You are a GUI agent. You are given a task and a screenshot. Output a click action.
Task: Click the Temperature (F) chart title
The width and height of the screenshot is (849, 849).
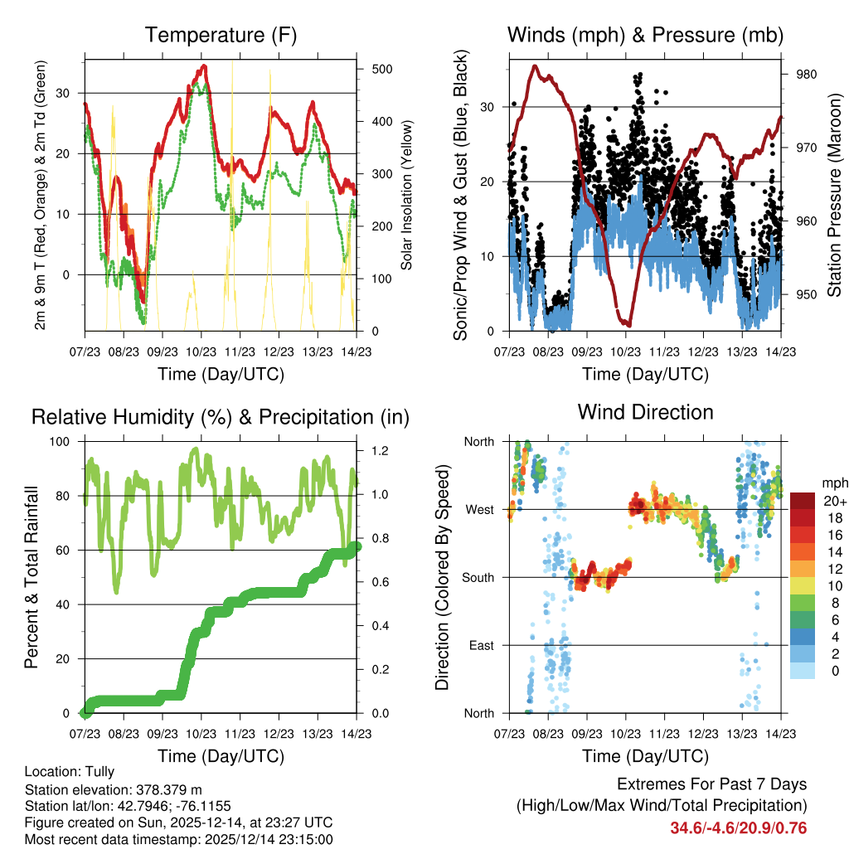click(x=220, y=35)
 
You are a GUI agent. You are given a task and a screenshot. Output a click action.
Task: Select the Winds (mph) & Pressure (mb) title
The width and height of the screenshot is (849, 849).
click(x=645, y=35)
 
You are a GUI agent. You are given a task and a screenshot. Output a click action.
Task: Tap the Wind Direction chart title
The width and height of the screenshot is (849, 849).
click(x=645, y=411)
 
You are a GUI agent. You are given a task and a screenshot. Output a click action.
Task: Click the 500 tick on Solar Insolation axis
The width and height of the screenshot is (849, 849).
click(x=381, y=69)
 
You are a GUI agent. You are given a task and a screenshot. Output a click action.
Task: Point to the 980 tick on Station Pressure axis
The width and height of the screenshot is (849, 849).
click(x=806, y=75)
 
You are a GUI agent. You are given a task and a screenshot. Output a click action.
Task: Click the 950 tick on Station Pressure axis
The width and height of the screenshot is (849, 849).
click(x=806, y=294)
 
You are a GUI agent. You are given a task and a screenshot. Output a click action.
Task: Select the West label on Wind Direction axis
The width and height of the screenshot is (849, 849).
click(x=479, y=509)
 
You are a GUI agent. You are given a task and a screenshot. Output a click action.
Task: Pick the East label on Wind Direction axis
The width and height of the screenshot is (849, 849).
click(x=481, y=645)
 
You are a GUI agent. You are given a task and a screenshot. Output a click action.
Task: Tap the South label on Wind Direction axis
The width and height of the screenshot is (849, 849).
click(x=478, y=577)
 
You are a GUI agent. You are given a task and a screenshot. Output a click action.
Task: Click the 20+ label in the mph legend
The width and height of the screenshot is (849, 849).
click(x=833, y=502)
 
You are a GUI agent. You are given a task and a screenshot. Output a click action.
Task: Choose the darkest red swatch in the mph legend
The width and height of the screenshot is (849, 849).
click(x=803, y=501)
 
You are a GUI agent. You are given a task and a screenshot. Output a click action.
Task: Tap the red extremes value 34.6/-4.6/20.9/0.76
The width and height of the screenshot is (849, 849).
click(x=738, y=827)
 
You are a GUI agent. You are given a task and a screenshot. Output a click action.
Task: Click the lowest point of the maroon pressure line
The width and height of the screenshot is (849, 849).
click(x=629, y=324)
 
